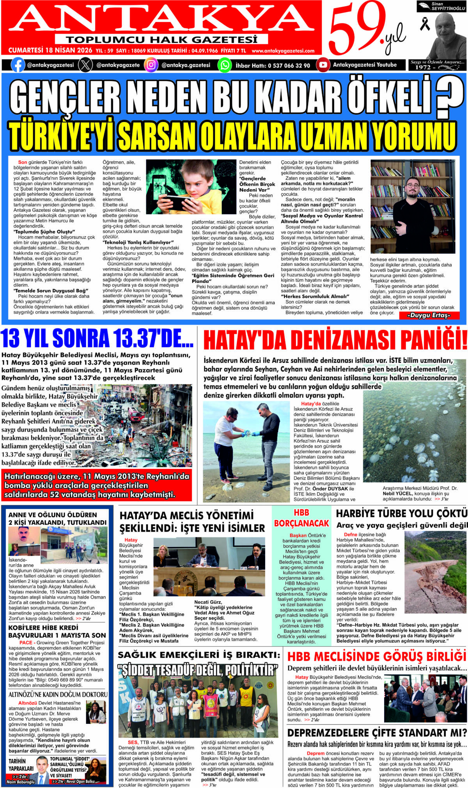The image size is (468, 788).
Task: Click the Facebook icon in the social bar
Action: coord(18,65)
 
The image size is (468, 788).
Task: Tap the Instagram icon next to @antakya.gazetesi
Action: coord(151,65)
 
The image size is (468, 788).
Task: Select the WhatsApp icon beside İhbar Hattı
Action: coord(224,65)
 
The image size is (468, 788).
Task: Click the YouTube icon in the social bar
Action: coord(323,65)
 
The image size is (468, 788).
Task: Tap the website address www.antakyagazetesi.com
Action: coord(283,51)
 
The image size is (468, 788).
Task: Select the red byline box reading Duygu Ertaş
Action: coord(429,315)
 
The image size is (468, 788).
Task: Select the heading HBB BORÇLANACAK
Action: coord(301,518)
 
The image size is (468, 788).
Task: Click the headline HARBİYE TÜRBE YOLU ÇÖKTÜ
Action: coord(401,513)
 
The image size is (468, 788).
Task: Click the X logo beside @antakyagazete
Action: coord(85,65)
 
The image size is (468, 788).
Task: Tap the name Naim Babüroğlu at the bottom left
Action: coord(20,782)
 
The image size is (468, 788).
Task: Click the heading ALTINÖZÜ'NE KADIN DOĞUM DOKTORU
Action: coord(58,694)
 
